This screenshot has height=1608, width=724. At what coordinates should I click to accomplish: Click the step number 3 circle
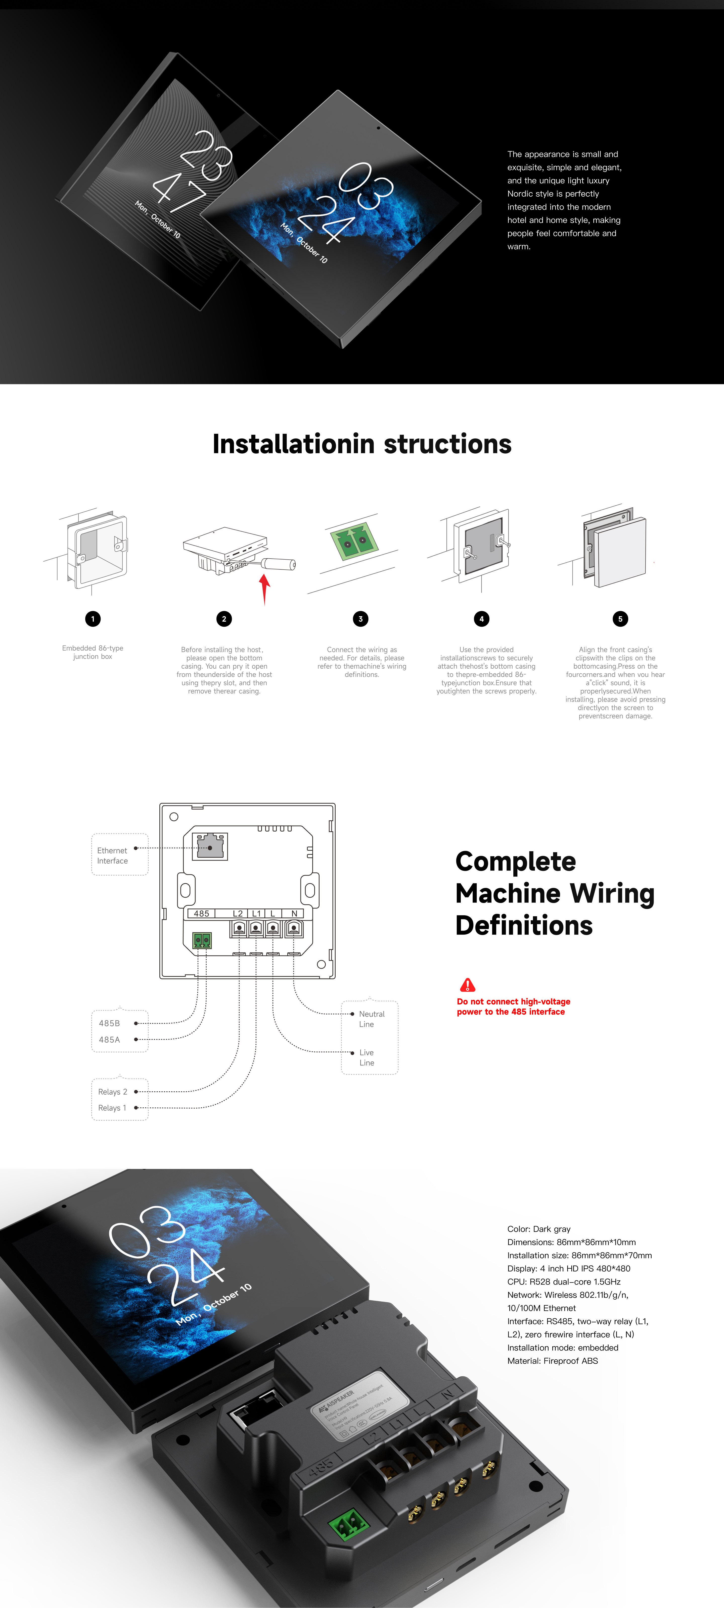[x=360, y=619]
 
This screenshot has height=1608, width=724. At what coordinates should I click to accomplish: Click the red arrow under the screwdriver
[x=265, y=588]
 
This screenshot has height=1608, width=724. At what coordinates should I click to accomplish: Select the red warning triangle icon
[x=467, y=985]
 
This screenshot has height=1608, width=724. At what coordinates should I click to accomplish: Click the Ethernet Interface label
[x=112, y=855]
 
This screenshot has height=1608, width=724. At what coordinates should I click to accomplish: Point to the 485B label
[x=109, y=1023]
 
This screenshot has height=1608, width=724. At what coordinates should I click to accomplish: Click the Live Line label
[x=367, y=1057]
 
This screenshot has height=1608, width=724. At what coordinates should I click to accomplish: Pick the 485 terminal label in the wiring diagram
[x=201, y=913]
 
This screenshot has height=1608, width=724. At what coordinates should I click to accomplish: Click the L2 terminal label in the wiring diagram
[x=237, y=913]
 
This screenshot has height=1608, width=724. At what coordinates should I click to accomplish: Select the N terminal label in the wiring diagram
[x=294, y=913]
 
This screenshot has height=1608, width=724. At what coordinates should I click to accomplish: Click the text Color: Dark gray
[x=538, y=1228]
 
